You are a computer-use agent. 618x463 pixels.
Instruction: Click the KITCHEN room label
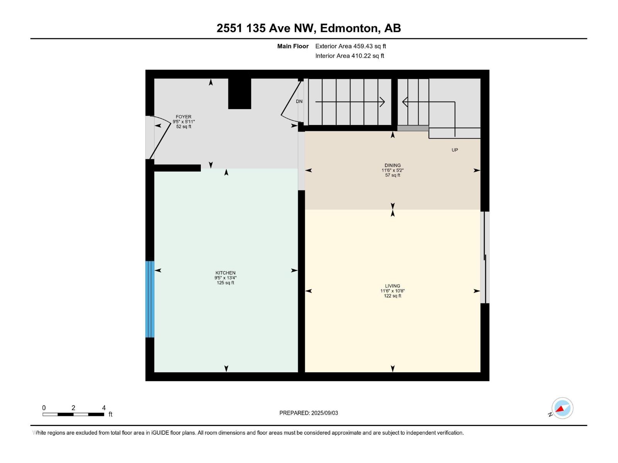(x=225, y=273)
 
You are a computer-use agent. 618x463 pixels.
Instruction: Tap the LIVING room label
(x=392, y=286)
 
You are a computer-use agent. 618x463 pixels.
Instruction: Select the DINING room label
(x=392, y=165)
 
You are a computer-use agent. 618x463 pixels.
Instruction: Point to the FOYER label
(x=183, y=117)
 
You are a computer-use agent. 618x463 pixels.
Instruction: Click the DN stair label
(x=299, y=101)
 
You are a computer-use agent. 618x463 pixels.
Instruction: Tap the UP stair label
(x=455, y=150)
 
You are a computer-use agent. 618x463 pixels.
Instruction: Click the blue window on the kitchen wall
(x=150, y=299)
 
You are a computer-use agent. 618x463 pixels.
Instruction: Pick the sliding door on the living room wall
(x=485, y=257)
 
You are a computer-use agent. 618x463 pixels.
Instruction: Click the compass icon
(x=562, y=408)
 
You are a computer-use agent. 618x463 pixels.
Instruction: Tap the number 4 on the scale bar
(x=104, y=408)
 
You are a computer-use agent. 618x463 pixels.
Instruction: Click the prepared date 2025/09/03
(x=324, y=413)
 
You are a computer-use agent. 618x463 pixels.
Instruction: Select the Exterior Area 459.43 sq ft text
(x=350, y=46)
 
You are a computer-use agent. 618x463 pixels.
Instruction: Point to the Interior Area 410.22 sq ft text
(x=350, y=56)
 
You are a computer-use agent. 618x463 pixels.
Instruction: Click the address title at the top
(x=309, y=28)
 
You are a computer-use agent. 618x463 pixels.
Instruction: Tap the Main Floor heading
(x=293, y=46)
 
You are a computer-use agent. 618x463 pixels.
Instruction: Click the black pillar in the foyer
(x=239, y=93)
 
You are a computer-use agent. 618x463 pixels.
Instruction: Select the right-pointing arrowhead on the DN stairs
(x=382, y=102)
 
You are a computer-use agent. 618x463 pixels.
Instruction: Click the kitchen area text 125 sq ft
(x=225, y=283)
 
